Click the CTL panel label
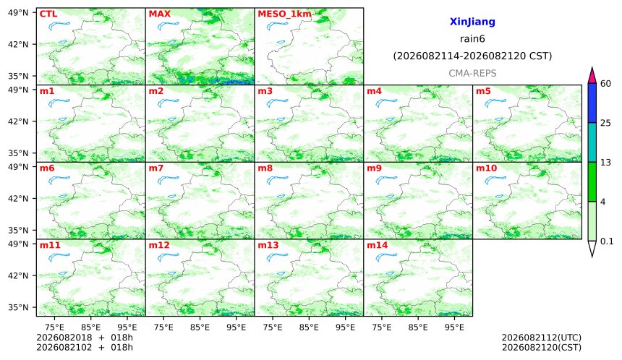pos(48,14)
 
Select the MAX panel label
pos(159,14)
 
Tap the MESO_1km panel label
pos(284,14)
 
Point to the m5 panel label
pos(483,91)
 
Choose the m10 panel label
pos(486,168)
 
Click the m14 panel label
pos(377,245)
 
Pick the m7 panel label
pos(156,168)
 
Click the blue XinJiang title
pos(472,22)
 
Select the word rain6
pos(472,39)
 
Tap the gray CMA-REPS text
pos(472,73)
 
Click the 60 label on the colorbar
pos(606,84)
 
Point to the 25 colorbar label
pos(606,123)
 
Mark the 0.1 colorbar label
pos(607,241)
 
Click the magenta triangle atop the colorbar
pos(592,76)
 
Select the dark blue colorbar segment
pos(592,103)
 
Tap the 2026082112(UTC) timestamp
pos(542,338)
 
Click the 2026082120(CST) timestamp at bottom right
pos(542,348)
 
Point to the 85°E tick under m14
pos(418,327)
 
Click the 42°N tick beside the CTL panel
pos(18,44)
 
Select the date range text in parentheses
pos(472,56)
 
